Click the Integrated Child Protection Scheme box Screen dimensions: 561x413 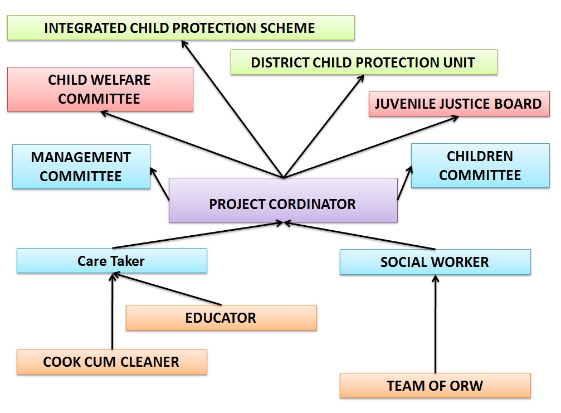tap(181, 27)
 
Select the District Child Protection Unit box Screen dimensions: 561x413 tap(364, 62)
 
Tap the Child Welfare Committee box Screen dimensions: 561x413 tap(100, 89)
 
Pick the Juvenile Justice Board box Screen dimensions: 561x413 tap(459, 104)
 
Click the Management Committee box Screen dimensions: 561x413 tap(81, 167)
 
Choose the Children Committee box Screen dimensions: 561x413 tap(480, 166)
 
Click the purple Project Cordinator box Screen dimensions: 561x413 tap(283, 200)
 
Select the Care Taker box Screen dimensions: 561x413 tap(111, 260)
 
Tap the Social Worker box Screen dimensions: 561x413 tap(435, 262)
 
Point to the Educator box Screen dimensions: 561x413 tap(221, 318)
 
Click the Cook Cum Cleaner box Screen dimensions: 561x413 tap(111, 362)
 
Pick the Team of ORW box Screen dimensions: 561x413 tap(435, 386)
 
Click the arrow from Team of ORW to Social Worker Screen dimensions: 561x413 tap(436, 324)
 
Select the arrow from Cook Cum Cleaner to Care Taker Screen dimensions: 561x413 tap(113, 311)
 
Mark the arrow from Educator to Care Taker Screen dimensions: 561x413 tap(167, 289)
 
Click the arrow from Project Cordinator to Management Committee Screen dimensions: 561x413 tap(159, 183)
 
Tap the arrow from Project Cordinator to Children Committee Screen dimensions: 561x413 tap(404, 182)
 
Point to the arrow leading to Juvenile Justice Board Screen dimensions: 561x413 tap(371, 147)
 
